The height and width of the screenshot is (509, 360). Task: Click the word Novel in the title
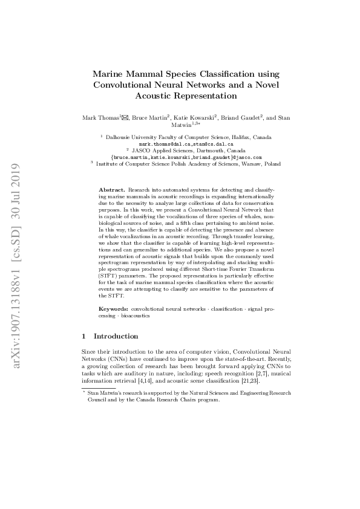pyautogui.click(x=266, y=85)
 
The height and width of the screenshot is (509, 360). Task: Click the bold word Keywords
pyautogui.click(x=114, y=309)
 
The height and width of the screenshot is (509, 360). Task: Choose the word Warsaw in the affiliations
pyautogui.click(x=254, y=163)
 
